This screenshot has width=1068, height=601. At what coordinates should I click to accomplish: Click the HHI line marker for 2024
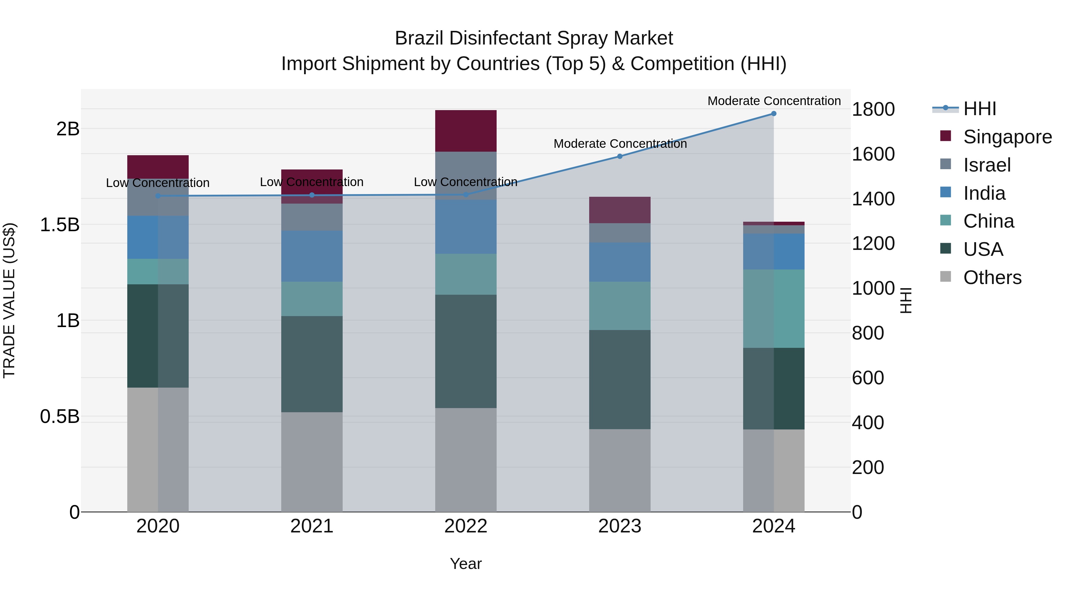774,114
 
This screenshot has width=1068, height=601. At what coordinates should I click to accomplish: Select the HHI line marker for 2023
620,156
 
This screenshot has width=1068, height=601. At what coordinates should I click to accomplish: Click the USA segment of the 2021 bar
312,364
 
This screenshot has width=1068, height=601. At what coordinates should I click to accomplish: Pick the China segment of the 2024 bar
774,309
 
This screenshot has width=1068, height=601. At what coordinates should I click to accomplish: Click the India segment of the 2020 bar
158,237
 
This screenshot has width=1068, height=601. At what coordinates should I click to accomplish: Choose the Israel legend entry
987,165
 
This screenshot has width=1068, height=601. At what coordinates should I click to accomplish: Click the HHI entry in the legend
979,109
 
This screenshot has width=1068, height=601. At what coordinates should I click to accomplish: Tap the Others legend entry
992,277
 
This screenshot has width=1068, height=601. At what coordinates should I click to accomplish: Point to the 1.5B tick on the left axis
60,225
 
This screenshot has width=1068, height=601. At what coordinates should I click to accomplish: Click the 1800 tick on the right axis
873,110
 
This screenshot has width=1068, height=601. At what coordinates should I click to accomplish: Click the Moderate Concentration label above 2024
774,101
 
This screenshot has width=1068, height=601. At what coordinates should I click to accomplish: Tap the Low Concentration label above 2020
158,183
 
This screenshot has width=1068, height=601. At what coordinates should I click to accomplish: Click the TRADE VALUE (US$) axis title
9,300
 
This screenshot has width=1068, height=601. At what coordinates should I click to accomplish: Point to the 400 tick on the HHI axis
868,423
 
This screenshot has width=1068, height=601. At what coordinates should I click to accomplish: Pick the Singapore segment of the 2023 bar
620,210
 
